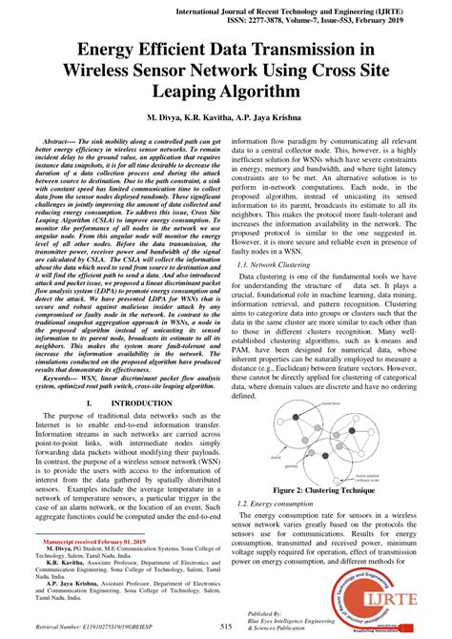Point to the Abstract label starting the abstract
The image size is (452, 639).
pyautogui.click(x=57, y=139)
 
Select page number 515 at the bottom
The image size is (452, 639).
pyautogui.click(x=226, y=626)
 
